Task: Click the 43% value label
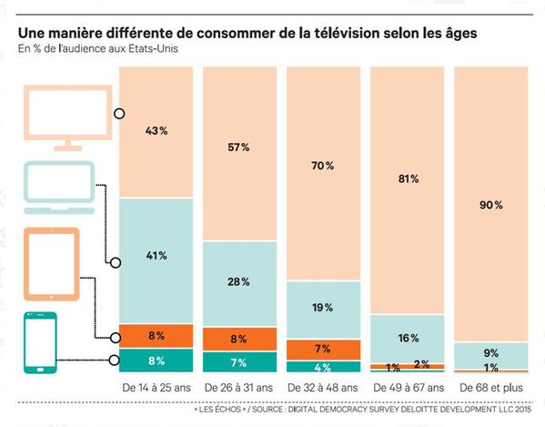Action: (x=156, y=131)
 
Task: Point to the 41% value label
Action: (x=156, y=256)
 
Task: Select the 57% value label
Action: (x=239, y=147)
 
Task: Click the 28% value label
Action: (x=239, y=281)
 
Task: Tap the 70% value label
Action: (x=322, y=166)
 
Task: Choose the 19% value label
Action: (x=322, y=308)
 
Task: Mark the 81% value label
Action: (x=407, y=179)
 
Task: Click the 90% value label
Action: (x=491, y=205)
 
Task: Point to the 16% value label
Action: (x=407, y=338)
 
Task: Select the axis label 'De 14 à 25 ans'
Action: (x=156, y=388)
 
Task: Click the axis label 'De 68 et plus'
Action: (x=491, y=388)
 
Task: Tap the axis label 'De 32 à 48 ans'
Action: (x=322, y=388)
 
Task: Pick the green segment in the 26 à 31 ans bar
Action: (x=239, y=362)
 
